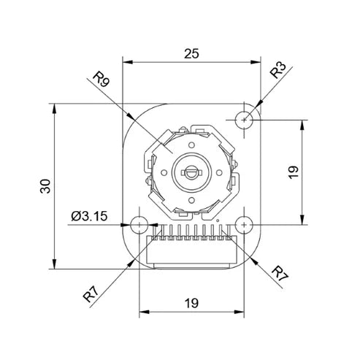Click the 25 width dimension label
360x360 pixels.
[x=191, y=54]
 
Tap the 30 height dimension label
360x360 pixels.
[x=45, y=186]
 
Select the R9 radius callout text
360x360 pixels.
[x=102, y=79]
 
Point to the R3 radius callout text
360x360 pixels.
[x=278, y=70]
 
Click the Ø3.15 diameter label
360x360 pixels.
[x=89, y=216]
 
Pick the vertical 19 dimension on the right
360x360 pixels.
[x=294, y=172]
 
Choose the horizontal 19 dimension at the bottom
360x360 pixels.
[x=191, y=303]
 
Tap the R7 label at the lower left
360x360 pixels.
[x=91, y=294]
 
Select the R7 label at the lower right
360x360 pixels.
[x=280, y=274]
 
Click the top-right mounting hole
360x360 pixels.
[x=244, y=120]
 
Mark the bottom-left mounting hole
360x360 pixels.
[x=139, y=225]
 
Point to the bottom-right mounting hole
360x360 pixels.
[x=244, y=225]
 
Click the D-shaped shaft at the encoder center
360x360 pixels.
[x=191, y=172]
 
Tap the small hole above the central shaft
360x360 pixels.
[x=191, y=145]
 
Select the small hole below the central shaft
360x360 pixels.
[x=191, y=200]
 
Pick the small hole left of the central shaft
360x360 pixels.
[x=164, y=172]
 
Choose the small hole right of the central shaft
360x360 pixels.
[x=219, y=172]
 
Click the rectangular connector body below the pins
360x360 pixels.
[x=192, y=250]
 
